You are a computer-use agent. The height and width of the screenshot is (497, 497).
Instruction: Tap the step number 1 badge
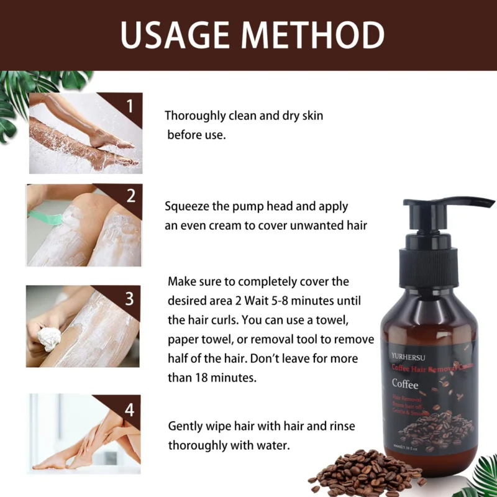pos(130,106)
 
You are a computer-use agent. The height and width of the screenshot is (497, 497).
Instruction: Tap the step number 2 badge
pos(130,196)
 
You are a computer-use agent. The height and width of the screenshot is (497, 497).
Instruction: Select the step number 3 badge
pos(129,299)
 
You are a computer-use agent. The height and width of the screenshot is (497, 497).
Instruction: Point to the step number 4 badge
pos(129,409)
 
